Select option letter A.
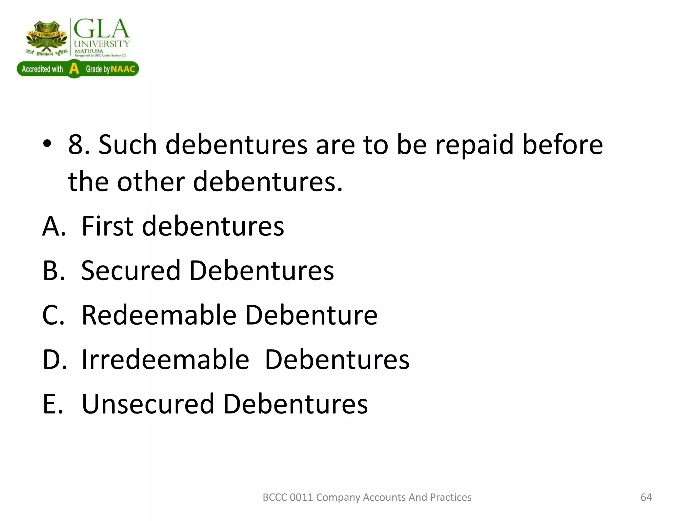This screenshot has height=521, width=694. tap(54, 226)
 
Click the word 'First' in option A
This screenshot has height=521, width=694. tap(108, 226)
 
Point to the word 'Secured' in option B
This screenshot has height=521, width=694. tap(131, 271)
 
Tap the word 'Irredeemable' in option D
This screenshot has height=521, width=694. tap(165, 360)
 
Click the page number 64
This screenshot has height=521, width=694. tap(646, 497)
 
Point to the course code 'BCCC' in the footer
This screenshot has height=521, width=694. tap(275, 497)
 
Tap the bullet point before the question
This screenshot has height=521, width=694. tap(47, 144)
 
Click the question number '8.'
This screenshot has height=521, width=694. tap(79, 145)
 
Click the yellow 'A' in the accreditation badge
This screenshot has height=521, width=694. tap(74, 69)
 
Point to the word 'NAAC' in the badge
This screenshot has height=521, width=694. tap(123, 70)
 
